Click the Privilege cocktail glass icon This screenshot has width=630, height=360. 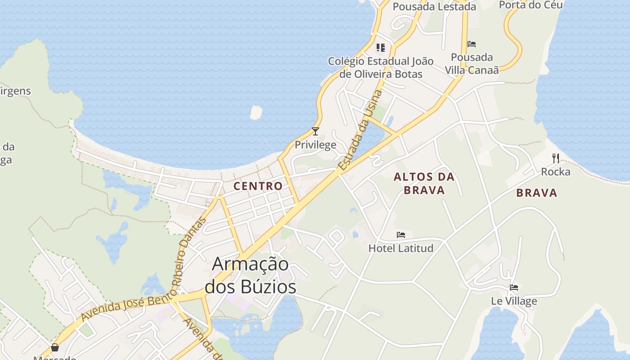(315, 131)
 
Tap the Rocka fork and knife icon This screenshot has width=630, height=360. (556, 158)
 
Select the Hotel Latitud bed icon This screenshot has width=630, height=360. (401, 235)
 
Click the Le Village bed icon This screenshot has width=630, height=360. (514, 288)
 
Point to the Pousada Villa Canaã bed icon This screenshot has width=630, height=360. (472, 44)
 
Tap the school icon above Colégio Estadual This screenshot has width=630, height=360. (381, 47)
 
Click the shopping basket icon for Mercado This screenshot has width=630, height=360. (55, 347)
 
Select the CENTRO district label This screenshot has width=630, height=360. (258, 186)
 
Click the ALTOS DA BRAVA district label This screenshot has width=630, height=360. (424, 183)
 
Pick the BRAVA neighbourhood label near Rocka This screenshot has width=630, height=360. (537, 193)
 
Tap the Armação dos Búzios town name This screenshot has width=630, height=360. (251, 275)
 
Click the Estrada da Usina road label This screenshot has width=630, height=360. (360, 130)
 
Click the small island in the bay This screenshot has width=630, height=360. (256, 112)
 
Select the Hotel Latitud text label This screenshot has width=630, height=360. (401, 248)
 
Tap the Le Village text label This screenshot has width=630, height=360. (514, 301)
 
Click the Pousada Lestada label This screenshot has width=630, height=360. (434, 6)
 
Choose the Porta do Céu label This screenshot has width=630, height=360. (531, 4)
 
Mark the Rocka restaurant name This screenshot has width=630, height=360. (556, 171)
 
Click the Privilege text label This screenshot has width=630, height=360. (315, 145)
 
